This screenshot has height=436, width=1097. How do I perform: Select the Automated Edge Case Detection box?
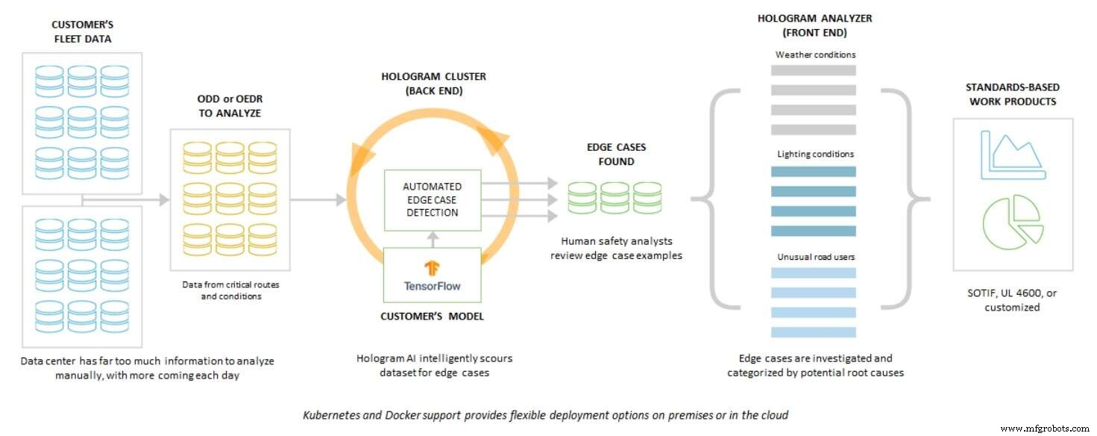click(x=432, y=199)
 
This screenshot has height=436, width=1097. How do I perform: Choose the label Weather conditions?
click(x=815, y=54)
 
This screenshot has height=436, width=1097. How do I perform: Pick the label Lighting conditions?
click(x=815, y=154)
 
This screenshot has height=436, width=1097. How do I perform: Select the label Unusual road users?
click(x=815, y=257)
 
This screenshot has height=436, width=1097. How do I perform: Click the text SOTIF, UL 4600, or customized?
click(x=1012, y=300)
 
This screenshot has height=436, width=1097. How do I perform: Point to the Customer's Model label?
click(x=432, y=316)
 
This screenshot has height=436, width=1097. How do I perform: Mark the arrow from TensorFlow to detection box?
click(x=432, y=237)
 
